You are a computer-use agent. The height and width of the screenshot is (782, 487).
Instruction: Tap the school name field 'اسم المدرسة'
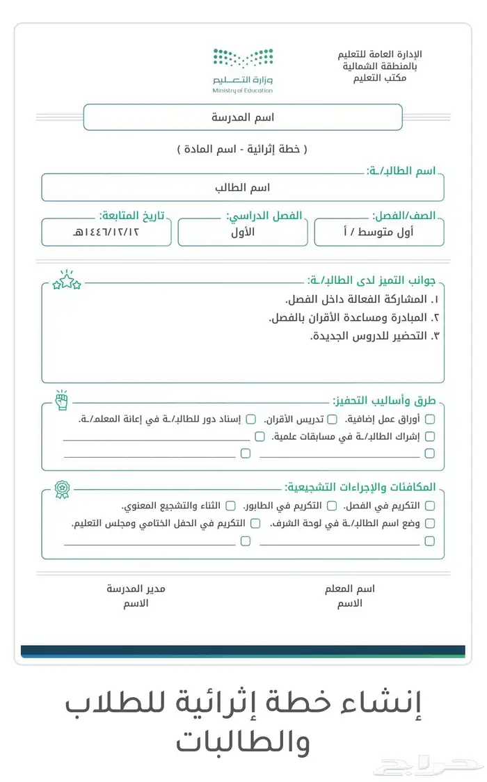pos(243,117)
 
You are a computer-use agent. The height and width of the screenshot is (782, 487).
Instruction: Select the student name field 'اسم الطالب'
pos(243,188)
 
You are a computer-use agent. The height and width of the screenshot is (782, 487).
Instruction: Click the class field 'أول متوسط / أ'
pos(379,232)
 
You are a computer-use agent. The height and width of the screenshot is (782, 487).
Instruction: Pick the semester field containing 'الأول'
pos(243,232)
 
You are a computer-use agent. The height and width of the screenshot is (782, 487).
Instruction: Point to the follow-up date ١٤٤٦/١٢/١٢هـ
pos(106,232)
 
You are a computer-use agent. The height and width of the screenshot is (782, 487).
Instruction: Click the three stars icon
pos(67,280)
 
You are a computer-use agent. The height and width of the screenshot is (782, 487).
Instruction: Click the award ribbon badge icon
pos(63,487)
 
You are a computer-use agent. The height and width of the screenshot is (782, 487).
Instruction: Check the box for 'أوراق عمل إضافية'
pos(430,419)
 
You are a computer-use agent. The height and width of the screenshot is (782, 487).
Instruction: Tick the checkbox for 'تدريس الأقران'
pos(333,419)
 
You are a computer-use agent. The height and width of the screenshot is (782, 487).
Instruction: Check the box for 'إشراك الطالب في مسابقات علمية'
pos(430,436)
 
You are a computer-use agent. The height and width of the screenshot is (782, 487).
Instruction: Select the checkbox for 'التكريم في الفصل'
pos(430,506)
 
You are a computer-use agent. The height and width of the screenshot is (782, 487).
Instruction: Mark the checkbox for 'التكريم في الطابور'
pos(333,506)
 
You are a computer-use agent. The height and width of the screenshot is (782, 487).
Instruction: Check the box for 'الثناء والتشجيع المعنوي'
pos(231,506)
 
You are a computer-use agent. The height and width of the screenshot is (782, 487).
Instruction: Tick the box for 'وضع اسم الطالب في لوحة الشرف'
pos(430,523)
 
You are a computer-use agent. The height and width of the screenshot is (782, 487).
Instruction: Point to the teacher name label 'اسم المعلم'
pos(349,589)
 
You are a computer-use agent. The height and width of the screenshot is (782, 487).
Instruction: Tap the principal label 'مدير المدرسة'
pos(136,589)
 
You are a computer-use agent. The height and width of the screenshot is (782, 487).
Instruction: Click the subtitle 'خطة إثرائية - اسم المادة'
pos(242,150)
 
